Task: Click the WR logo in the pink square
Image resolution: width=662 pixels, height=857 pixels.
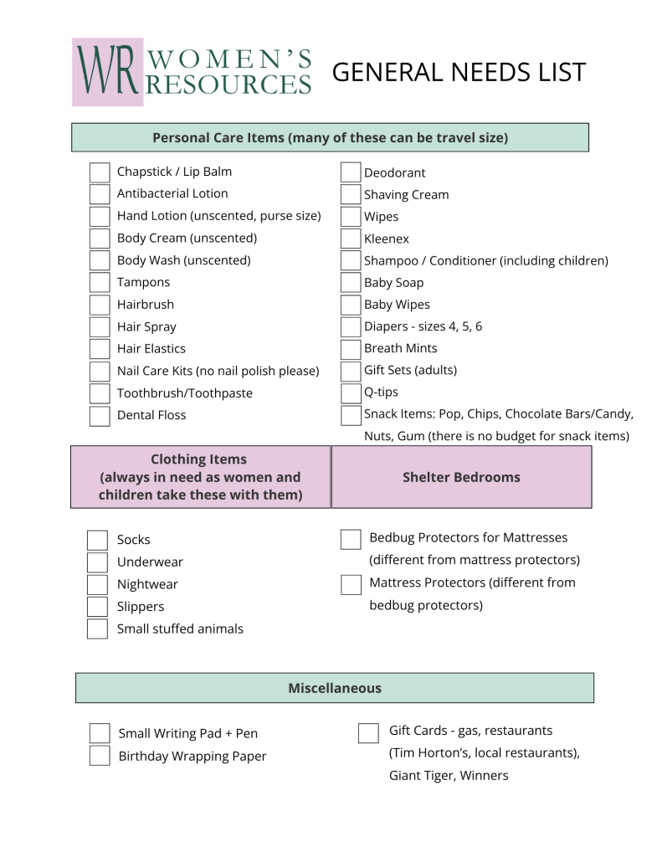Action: pos(107,72)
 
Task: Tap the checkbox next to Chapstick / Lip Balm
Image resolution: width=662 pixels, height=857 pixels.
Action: pos(100,172)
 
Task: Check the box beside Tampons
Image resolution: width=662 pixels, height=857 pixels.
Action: pos(100,283)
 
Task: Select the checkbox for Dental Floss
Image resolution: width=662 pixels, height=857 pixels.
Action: pos(100,416)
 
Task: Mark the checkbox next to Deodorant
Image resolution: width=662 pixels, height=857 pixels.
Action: pos(351,172)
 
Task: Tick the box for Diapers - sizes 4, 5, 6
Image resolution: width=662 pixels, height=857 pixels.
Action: pos(351,327)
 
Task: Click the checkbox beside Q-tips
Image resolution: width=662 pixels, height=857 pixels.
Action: pos(351,393)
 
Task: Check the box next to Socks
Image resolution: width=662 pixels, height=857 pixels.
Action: pos(98,540)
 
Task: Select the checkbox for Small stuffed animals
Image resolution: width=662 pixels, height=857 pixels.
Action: pos(98,629)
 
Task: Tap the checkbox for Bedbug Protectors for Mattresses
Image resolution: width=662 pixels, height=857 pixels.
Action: pos(351,539)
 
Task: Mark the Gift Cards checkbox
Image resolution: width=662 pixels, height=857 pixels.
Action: pos(368,733)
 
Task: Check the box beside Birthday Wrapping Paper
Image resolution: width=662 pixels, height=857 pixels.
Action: pos(100,756)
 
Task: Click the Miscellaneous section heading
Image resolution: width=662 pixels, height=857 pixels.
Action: pos(335,688)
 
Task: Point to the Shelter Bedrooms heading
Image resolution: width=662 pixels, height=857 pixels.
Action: pos(461,477)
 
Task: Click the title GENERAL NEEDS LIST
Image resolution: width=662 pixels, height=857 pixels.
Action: pos(459,73)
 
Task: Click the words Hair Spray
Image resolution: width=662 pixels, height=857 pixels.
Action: pos(146,326)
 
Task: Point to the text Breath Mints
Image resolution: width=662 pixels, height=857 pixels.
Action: pos(400,348)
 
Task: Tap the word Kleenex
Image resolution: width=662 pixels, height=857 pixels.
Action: pos(387,239)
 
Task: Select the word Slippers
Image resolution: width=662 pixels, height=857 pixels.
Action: pos(141,607)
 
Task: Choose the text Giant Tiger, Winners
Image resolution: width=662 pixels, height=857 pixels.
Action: pos(449,776)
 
